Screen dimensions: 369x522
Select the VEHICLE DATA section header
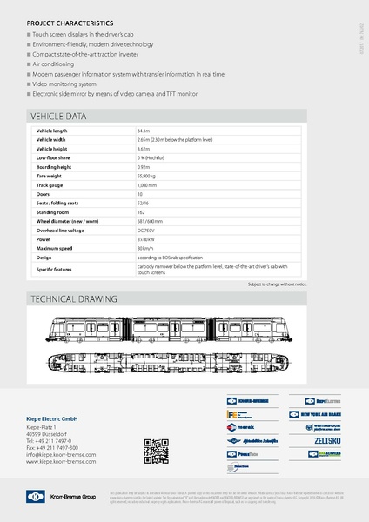tap(58, 116)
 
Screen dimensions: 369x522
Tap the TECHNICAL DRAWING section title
tap(73, 298)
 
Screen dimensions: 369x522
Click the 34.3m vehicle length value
tap(144, 130)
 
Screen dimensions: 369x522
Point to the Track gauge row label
tap(49, 185)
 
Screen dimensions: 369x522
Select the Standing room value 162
tap(141, 212)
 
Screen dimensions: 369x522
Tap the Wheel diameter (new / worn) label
tap(67, 221)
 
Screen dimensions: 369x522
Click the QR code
tap(155, 453)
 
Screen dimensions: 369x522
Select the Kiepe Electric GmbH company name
tap(57, 420)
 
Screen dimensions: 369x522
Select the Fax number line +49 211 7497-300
tap(57, 447)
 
